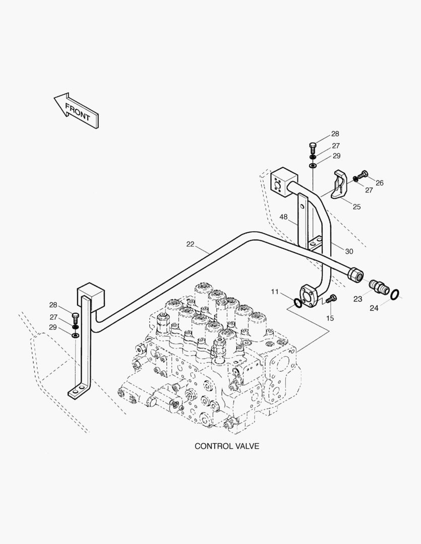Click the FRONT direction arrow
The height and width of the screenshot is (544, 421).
(x=77, y=111)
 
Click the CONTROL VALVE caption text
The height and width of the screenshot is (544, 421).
(x=227, y=446)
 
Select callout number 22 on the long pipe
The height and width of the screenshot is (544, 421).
(x=190, y=244)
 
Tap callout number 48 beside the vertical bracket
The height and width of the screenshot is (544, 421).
(x=284, y=217)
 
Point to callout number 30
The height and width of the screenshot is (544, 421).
(x=349, y=251)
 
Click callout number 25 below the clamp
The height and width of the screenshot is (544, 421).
(x=356, y=207)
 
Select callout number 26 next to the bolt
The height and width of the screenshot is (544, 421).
(x=379, y=183)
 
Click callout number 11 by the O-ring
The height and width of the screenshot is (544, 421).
(x=274, y=292)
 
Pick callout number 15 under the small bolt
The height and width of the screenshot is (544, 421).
(x=330, y=318)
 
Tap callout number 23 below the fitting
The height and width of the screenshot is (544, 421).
(x=357, y=299)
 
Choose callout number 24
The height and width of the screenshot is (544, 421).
(x=374, y=308)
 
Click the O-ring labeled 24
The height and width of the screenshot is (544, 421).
(x=397, y=294)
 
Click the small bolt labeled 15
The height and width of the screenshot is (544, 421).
(x=331, y=299)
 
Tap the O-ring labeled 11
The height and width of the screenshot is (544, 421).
(x=297, y=303)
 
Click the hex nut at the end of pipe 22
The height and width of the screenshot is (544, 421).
(x=355, y=275)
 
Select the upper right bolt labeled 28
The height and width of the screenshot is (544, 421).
(x=312, y=148)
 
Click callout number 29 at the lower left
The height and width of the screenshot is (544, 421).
(x=53, y=327)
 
